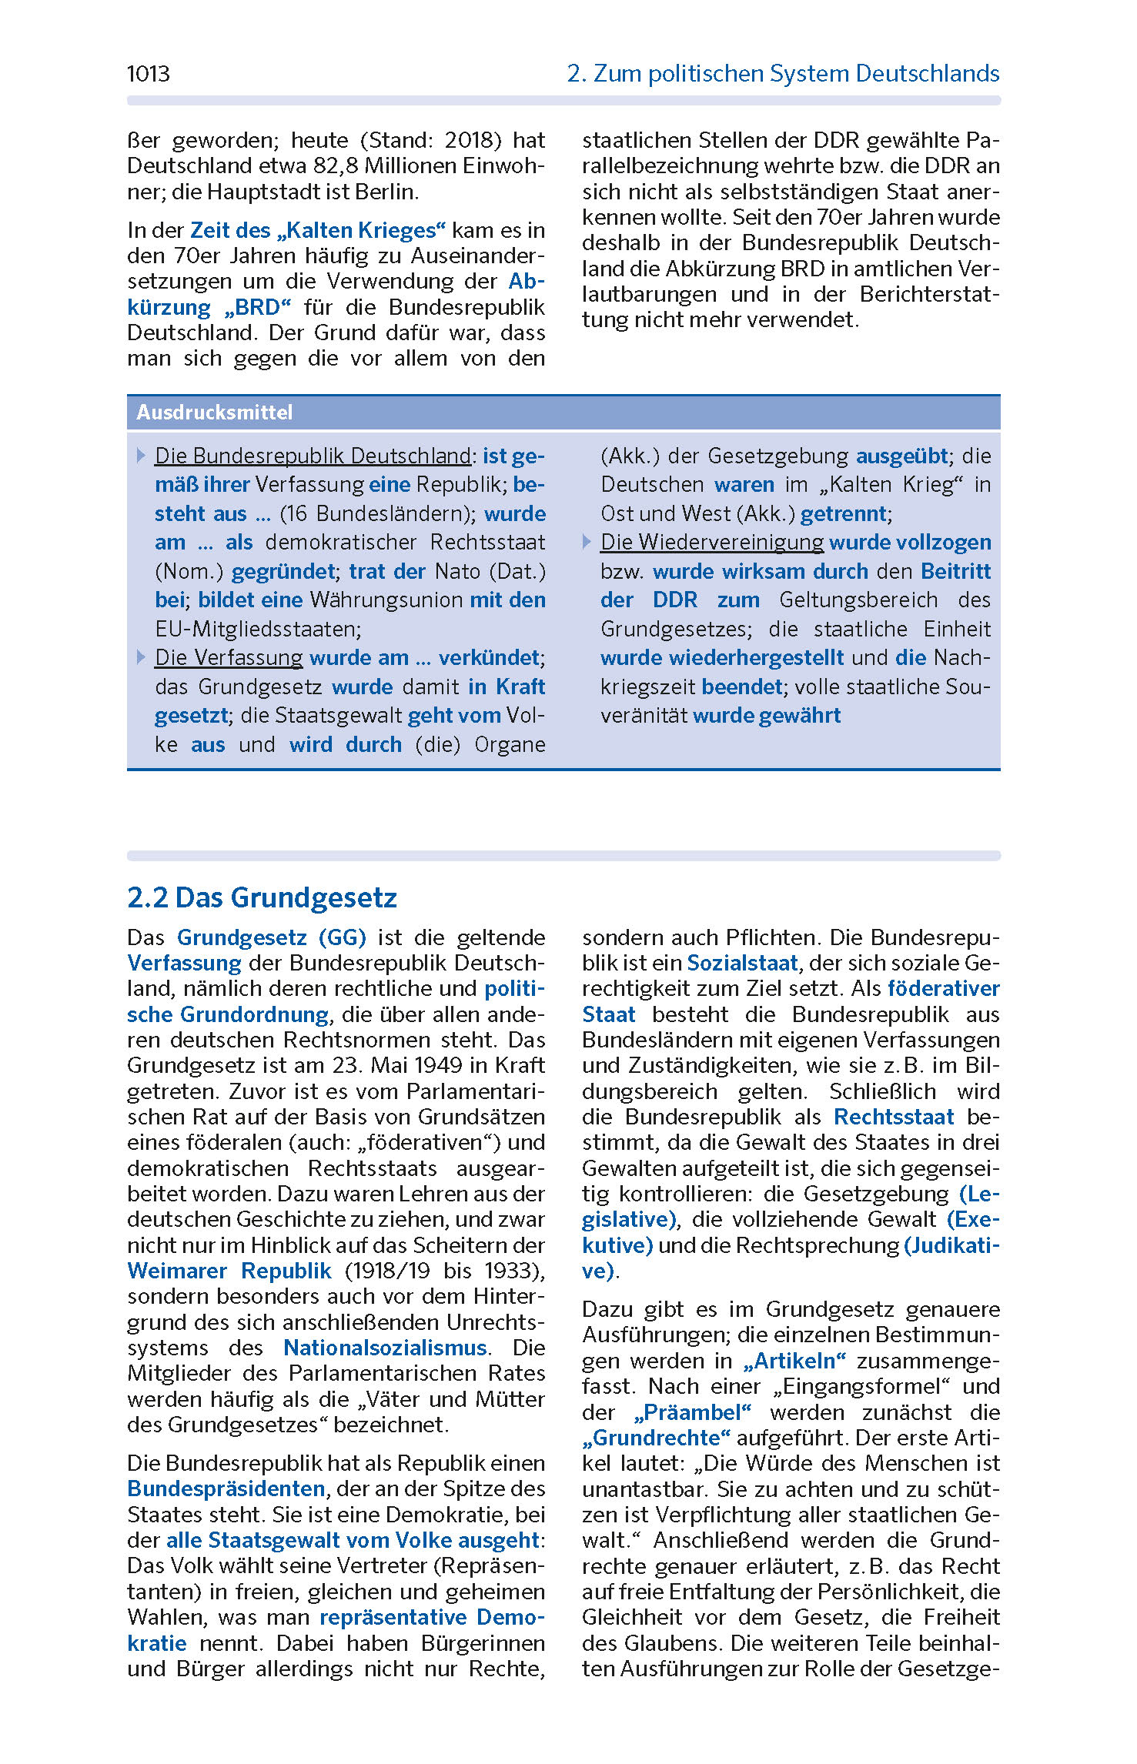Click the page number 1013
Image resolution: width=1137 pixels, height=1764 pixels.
click(x=148, y=74)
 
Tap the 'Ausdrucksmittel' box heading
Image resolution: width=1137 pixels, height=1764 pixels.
click(x=214, y=413)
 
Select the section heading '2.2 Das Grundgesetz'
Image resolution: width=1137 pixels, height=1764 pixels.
click(x=262, y=897)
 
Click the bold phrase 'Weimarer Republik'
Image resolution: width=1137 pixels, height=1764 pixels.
click(x=229, y=1271)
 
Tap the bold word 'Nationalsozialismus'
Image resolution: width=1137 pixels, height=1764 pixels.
click(x=385, y=1348)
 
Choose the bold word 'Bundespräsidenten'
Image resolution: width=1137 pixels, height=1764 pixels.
click(x=226, y=1488)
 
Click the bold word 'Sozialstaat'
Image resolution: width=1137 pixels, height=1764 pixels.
click(x=742, y=963)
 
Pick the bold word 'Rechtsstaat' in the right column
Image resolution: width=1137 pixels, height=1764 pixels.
click(x=894, y=1117)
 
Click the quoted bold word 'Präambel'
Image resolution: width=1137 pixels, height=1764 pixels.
click(x=692, y=1412)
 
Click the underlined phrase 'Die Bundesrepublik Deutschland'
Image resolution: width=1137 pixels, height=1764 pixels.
click(x=313, y=456)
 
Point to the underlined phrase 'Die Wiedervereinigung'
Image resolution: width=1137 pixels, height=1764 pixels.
click(x=711, y=543)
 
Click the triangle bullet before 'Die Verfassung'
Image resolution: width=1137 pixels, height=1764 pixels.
click(x=141, y=657)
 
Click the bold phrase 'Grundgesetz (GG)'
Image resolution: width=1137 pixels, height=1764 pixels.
click(x=271, y=937)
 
